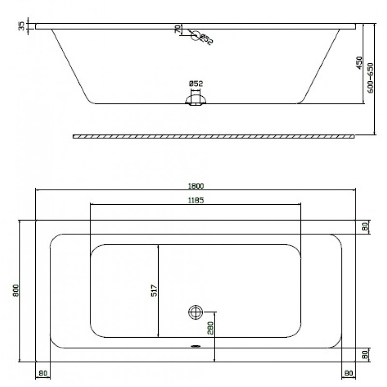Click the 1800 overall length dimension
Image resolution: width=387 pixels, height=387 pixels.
tap(196, 186)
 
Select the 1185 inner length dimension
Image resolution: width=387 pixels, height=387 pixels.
tap(196, 200)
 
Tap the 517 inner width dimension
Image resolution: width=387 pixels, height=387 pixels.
tap(154, 291)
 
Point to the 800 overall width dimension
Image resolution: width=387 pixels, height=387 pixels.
tap(16, 291)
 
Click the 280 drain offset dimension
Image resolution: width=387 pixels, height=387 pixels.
tap(210, 328)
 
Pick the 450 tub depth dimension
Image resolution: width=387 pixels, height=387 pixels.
tap(359, 63)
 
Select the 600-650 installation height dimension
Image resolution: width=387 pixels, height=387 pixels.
tap(371, 78)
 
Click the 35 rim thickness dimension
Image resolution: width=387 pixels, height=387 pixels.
tap(22, 26)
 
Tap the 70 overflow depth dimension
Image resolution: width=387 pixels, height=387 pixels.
tap(178, 29)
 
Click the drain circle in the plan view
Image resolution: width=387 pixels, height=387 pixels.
tap(195, 312)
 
